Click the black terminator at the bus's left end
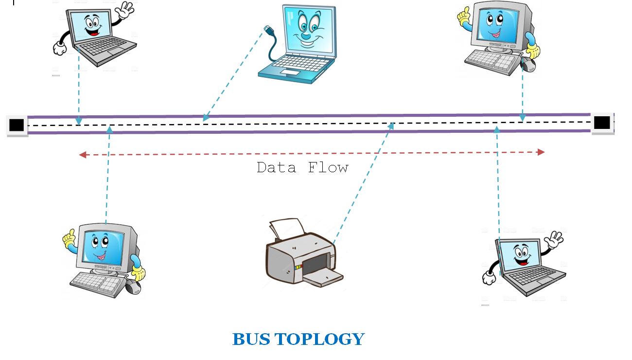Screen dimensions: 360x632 click(17, 125)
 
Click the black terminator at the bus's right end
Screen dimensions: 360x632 click(601, 122)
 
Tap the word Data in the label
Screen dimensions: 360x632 click(276, 168)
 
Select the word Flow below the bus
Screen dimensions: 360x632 click(328, 168)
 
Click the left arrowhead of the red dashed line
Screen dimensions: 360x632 click(83, 155)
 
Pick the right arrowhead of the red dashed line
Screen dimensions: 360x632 click(541, 152)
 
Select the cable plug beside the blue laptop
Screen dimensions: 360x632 click(268, 31)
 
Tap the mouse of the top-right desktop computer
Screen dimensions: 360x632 click(527, 64)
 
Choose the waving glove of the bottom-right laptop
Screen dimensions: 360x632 click(554, 240)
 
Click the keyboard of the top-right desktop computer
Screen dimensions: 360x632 click(489, 59)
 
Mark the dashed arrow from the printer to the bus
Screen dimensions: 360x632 click(362, 182)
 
